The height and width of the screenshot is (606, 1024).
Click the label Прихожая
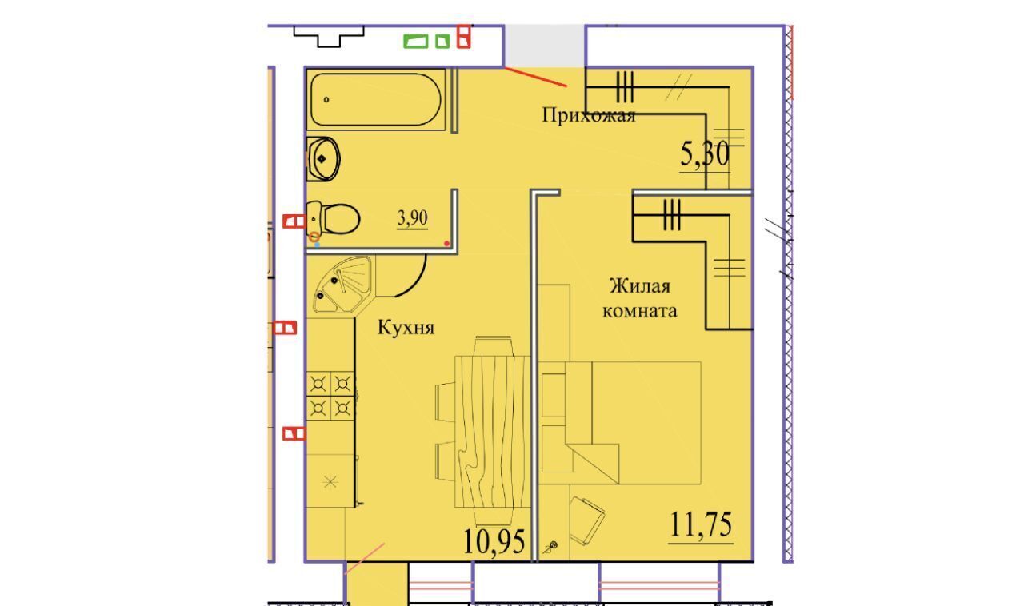pyautogui.click(x=588, y=114)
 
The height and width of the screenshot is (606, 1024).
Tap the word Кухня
pyautogui.click(x=406, y=328)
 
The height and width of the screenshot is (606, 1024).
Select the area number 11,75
pyautogui.click(x=701, y=524)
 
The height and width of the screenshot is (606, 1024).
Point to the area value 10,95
pyautogui.click(x=494, y=541)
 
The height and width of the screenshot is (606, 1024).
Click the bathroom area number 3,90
pyautogui.click(x=412, y=218)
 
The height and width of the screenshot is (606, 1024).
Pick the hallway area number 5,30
pyautogui.click(x=705, y=154)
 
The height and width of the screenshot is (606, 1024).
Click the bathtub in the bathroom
pyautogui.click(x=376, y=99)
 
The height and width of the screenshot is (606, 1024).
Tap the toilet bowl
pyautogui.click(x=333, y=219)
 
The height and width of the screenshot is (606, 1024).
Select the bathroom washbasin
pyautogui.click(x=322, y=158)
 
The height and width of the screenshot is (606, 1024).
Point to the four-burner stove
pyautogui.click(x=330, y=396)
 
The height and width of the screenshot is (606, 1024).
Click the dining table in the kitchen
pyautogui.click(x=492, y=432)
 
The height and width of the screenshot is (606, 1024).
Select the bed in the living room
pyautogui.click(x=633, y=423)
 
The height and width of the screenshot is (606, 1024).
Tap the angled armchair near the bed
pyautogui.click(x=587, y=520)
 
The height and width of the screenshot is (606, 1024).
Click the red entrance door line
pyautogui.click(x=536, y=77)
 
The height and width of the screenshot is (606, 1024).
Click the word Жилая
pyautogui.click(x=639, y=286)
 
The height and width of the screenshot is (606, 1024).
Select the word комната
pyautogui.click(x=639, y=311)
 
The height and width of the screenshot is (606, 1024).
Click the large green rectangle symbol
pyautogui.click(x=415, y=42)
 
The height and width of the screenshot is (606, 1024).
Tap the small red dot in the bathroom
pyautogui.click(x=446, y=244)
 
